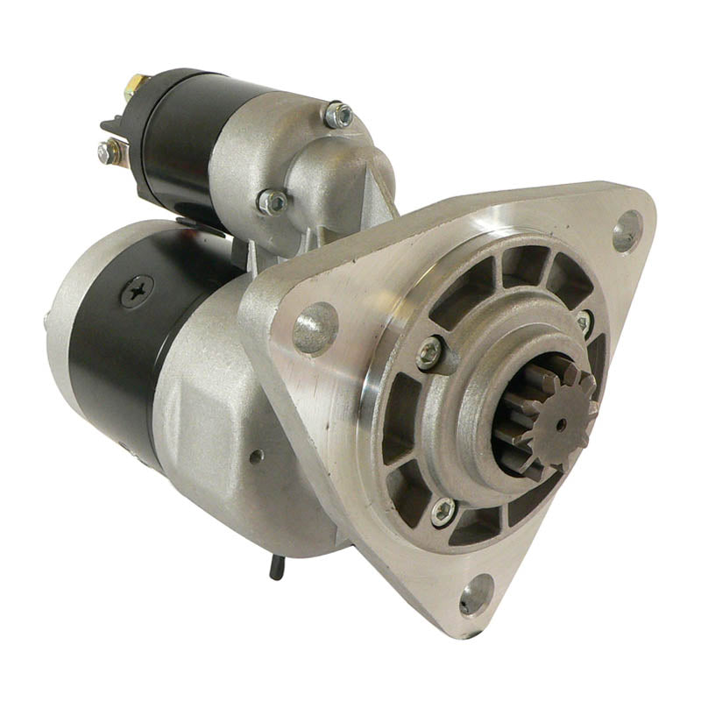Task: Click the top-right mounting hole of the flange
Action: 627,230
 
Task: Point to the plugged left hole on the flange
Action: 315,327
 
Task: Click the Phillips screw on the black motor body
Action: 136,291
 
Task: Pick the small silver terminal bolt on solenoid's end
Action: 108,153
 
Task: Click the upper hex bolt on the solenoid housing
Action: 338,114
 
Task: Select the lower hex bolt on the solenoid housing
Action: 273,202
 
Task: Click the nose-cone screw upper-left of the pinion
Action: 430,352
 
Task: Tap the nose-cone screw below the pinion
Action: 444,512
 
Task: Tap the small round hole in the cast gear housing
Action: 255,457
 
